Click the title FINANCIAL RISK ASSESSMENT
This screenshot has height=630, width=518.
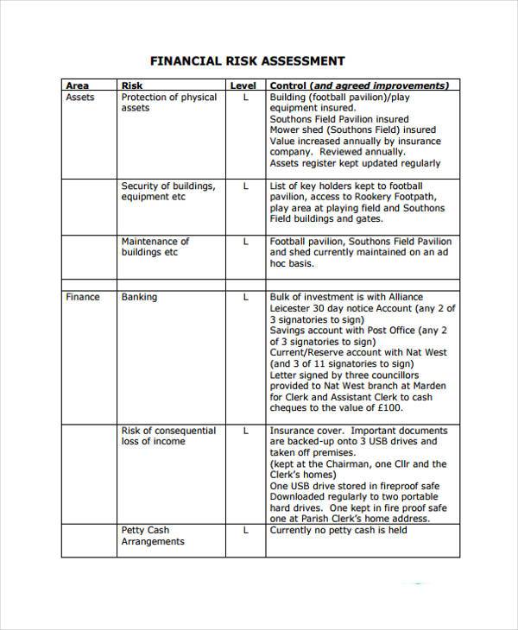(x=248, y=61)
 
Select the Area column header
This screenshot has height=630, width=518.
(x=77, y=85)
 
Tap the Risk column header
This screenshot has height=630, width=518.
(x=132, y=85)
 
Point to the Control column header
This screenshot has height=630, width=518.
(x=359, y=85)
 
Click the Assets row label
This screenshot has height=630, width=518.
(x=80, y=98)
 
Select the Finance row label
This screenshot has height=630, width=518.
(x=82, y=297)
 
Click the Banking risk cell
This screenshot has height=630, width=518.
(x=139, y=297)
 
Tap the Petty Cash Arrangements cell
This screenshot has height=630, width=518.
(x=153, y=536)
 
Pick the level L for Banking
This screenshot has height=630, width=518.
(x=245, y=297)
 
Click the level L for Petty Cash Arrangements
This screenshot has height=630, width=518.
(x=245, y=530)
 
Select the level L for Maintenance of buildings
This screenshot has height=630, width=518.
(x=245, y=242)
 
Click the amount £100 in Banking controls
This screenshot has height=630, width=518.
(x=389, y=408)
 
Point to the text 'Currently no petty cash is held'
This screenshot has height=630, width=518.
(x=338, y=530)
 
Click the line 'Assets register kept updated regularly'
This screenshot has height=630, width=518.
(x=355, y=163)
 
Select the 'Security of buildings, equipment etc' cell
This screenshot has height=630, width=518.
(x=167, y=192)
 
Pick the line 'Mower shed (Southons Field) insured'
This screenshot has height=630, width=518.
(x=352, y=130)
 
